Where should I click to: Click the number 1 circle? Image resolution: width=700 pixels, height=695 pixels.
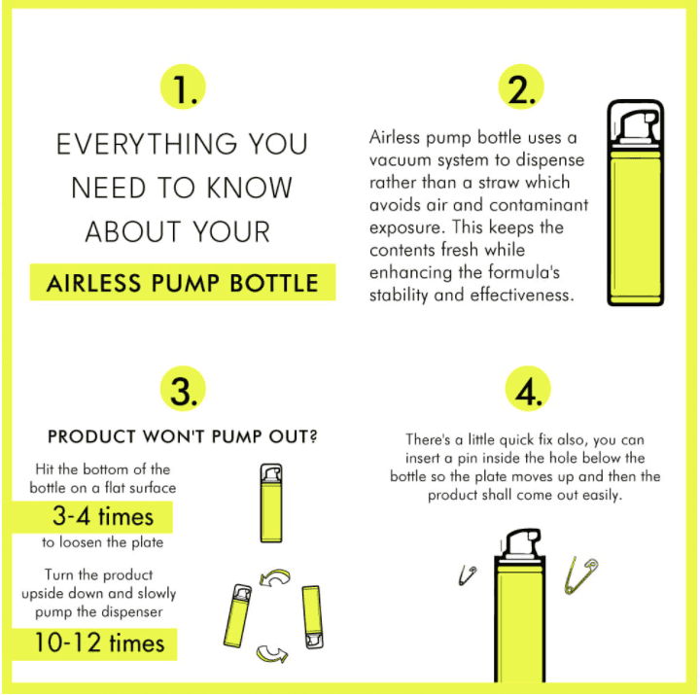click(x=183, y=87)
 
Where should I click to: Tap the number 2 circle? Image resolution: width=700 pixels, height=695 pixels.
click(x=520, y=87)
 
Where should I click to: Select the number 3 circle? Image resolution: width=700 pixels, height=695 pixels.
click(x=183, y=389)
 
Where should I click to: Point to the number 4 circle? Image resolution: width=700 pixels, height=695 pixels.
click(x=528, y=389)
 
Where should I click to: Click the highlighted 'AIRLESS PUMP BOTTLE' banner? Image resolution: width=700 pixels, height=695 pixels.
click(x=183, y=282)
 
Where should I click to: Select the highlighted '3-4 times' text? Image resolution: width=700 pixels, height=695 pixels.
click(x=103, y=516)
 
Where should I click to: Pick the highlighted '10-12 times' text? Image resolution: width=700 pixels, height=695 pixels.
click(x=99, y=643)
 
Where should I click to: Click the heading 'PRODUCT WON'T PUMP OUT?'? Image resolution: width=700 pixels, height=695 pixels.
click(x=183, y=436)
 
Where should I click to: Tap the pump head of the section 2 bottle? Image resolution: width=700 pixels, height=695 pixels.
click(x=636, y=126)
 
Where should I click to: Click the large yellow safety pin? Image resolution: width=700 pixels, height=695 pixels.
click(x=580, y=575)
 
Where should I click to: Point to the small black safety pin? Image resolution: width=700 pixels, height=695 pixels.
click(x=468, y=574)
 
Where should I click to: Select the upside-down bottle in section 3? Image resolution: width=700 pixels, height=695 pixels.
click(x=312, y=617)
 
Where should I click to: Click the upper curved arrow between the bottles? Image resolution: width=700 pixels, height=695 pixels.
click(x=275, y=576)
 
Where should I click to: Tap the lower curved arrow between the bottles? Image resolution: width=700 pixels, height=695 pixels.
click(x=272, y=653)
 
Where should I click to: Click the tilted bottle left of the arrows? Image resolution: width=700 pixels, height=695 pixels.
click(x=238, y=615)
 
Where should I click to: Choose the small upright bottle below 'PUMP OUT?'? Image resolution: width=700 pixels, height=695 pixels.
click(x=271, y=504)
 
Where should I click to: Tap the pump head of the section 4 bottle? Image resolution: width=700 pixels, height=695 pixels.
click(x=521, y=542)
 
